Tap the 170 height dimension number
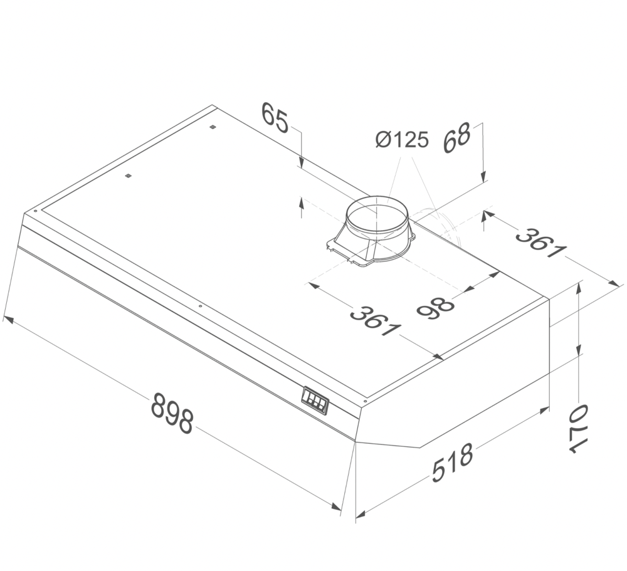(x=577, y=429)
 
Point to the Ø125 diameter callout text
(x=402, y=140)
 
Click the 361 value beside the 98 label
(x=375, y=320)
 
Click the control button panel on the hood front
(x=315, y=400)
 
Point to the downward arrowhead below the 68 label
(x=483, y=177)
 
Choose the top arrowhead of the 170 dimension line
(x=579, y=286)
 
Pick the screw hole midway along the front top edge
(x=199, y=306)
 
